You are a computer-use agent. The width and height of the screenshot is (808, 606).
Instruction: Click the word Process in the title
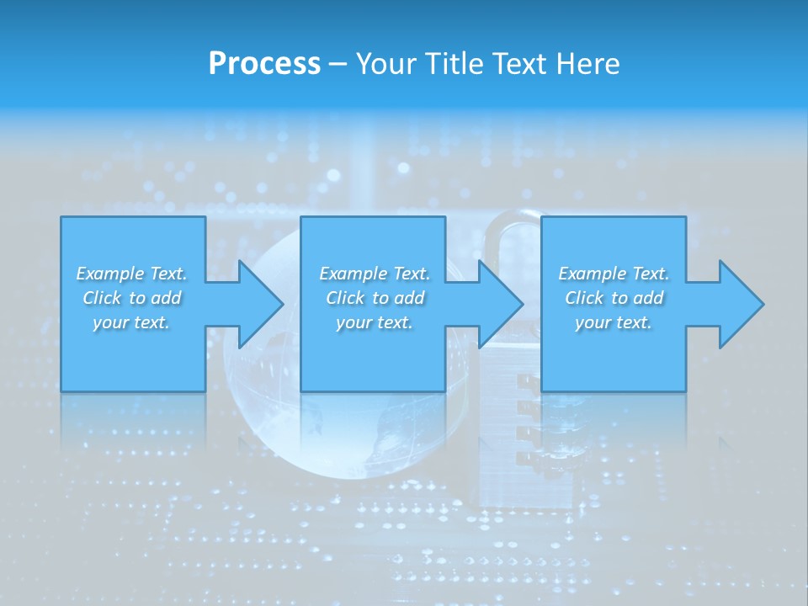pyautogui.click(x=264, y=64)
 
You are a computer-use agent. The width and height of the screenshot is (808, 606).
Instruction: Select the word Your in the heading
pyautogui.click(x=387, y=64)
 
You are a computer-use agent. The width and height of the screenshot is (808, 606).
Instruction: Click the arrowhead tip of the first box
pyautogui.click(x=282, y=304)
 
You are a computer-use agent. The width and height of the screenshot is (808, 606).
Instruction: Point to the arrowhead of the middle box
pyautogui.click(x=520, y=304)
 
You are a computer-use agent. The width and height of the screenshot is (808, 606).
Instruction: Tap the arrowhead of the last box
pyautogui.click(x=761, y=304)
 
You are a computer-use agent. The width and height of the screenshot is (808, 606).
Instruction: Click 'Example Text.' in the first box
pyautogui.click(x=131, y=274)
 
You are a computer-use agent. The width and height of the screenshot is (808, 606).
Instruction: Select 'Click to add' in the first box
pyautogui.click(x=131, y=298)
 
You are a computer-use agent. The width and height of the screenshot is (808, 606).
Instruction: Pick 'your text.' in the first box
pyautogui.click(x=131, y=322)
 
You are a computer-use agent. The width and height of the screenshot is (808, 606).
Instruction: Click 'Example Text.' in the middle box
pyautogui.click(x=375, y=274)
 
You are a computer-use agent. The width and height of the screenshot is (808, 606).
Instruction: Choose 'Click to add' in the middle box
pyautogui.click(x=375, y=298)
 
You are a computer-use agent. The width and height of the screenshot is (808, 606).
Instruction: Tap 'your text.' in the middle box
pyautogui.click(x=375, y=322)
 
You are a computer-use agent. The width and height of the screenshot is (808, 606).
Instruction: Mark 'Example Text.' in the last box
pyautogui.click(x=614, y=274)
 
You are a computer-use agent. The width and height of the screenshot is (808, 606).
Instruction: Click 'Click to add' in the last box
pyautogui.click(x=614, y=298)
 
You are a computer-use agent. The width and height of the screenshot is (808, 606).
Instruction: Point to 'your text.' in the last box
pyautogui.click(x=614, y=322)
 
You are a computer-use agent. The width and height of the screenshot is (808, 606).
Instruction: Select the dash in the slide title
pyautogui.click(x=338, y=65)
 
